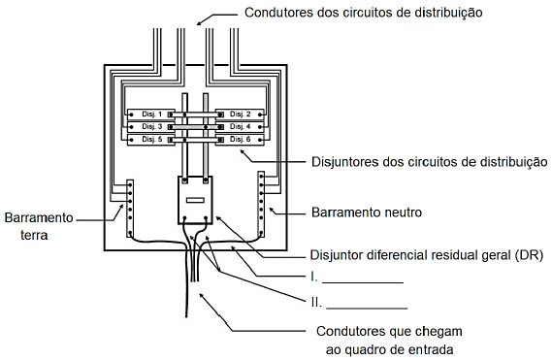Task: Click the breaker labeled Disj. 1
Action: (150, 115)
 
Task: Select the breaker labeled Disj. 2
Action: (240, 115)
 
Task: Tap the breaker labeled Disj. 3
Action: (150, 127)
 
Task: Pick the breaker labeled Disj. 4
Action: (240, 127)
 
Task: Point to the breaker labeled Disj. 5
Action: (150, 140)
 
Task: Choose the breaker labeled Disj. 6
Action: (240, 140)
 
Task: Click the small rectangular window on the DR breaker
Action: (195, 200)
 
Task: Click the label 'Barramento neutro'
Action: (367, 213)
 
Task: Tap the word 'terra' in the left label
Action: (34, 235)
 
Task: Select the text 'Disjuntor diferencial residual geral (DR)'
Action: (426, 255)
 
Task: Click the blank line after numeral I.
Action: (363, 282)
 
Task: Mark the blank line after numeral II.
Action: (367, 309)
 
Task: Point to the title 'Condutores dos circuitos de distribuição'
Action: (363, 13)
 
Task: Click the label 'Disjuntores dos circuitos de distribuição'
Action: (429, 162)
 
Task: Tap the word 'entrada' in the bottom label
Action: (431, 349)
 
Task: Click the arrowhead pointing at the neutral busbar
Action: (272, 211)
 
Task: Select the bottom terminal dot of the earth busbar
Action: (130, 233)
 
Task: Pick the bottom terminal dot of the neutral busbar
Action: (261, 233)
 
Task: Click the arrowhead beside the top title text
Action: (199, 23)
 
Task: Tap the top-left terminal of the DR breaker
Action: (184, 180)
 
